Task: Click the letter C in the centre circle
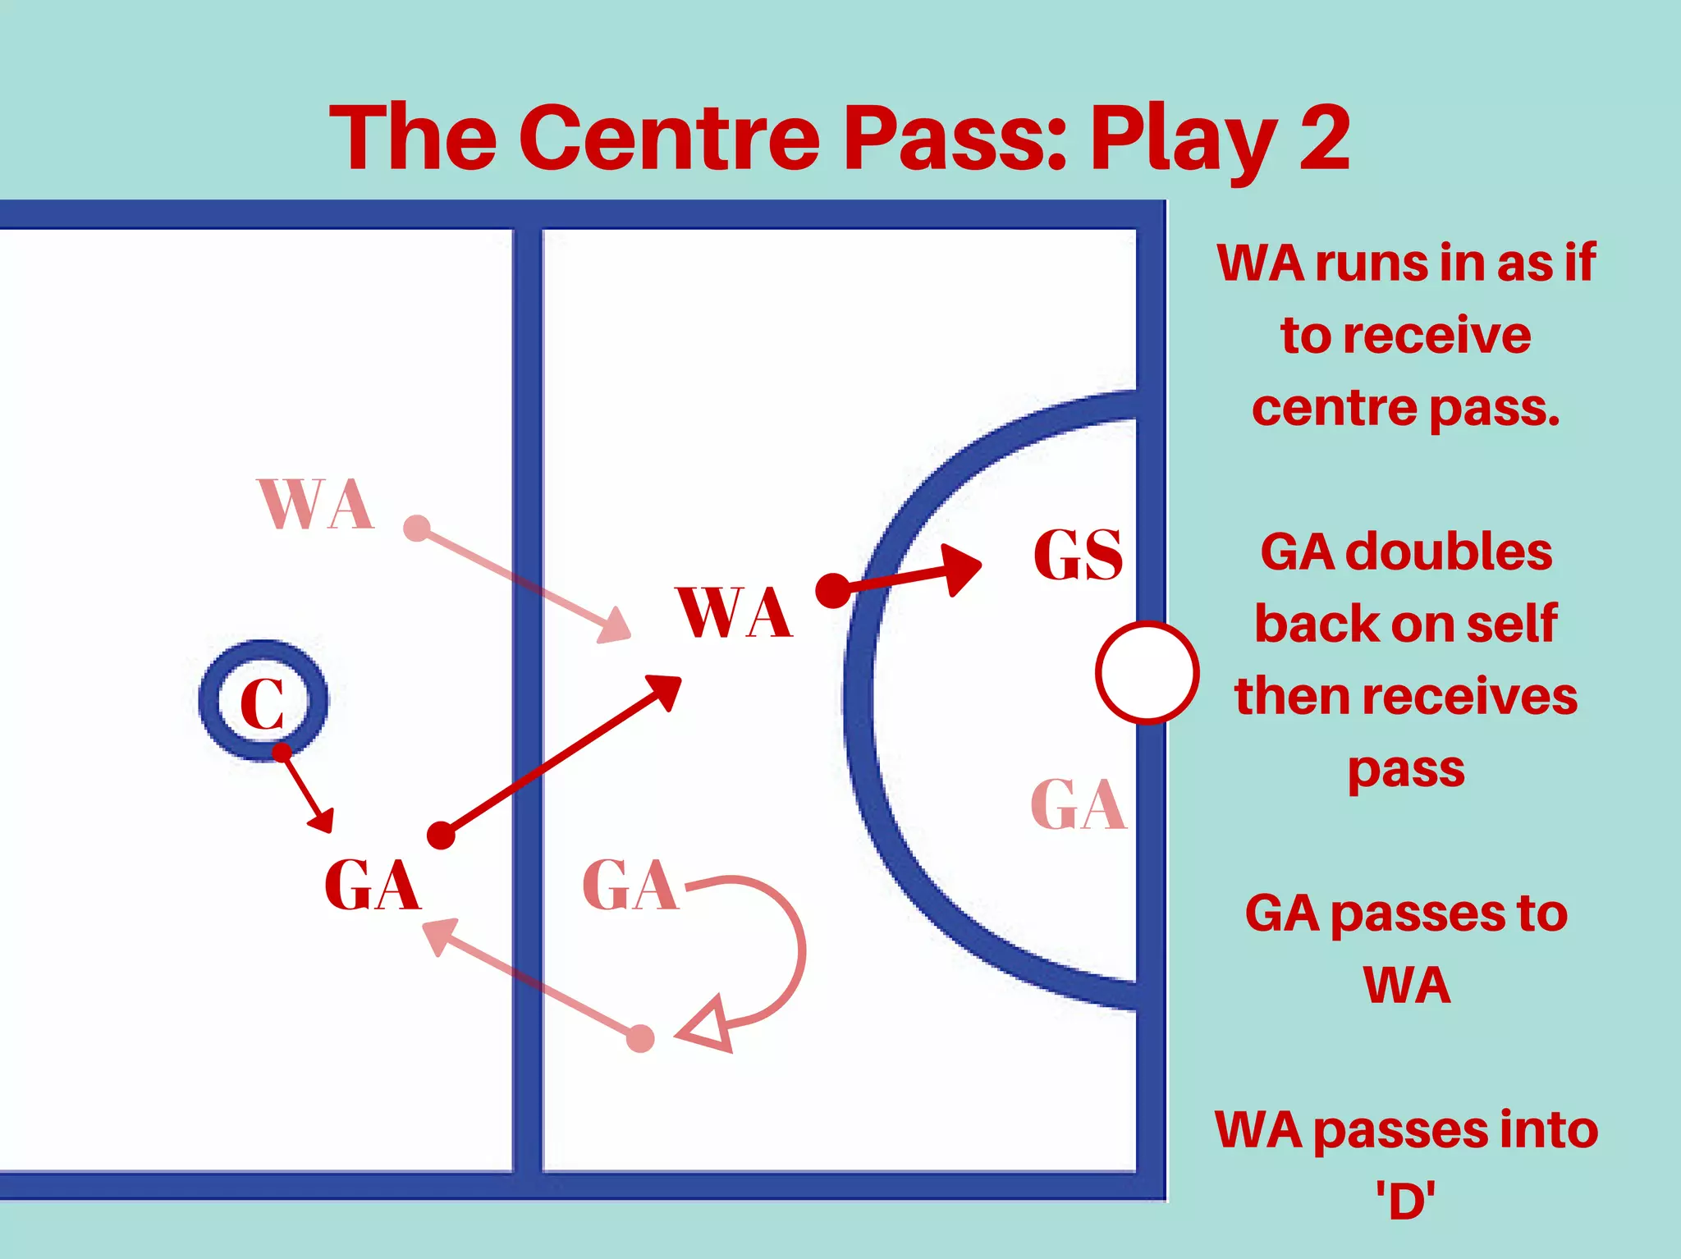pos(263,703)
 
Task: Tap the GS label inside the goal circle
pos(1078,556)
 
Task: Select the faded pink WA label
pos(317,504)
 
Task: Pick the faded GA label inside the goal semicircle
pos(1079,805)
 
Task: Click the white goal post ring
pos(1147,673)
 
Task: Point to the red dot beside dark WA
pos(833,590)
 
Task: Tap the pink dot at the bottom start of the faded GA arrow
pos(640,1038)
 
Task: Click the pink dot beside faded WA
pos(417,528)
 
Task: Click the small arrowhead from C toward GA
pos(323,820)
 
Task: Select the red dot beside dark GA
pos(442,836)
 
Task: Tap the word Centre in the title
pos(669,138)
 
